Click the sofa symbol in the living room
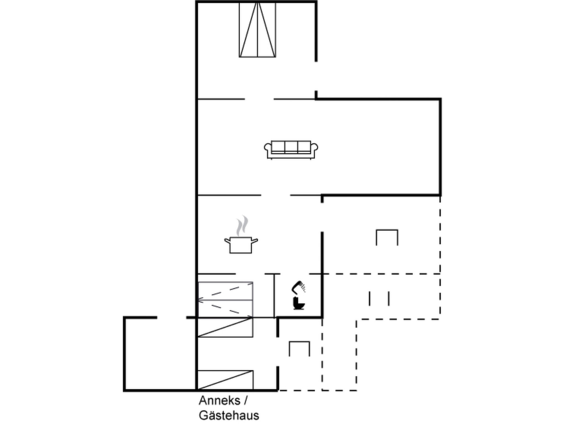click(291, 150)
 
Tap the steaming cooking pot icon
click(241, 235)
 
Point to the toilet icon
click(299, 303)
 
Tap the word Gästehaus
click(229, 415)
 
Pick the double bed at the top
click(257, 30)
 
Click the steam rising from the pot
click(242, 226)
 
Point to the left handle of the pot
click(227, 241)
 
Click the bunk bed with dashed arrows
click(226, 300)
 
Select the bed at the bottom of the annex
click(225, 380)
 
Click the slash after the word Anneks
click(245, 401)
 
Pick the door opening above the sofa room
click(259, 99)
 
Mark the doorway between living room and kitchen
click(276, 195)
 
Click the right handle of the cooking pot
click(255, 241)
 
